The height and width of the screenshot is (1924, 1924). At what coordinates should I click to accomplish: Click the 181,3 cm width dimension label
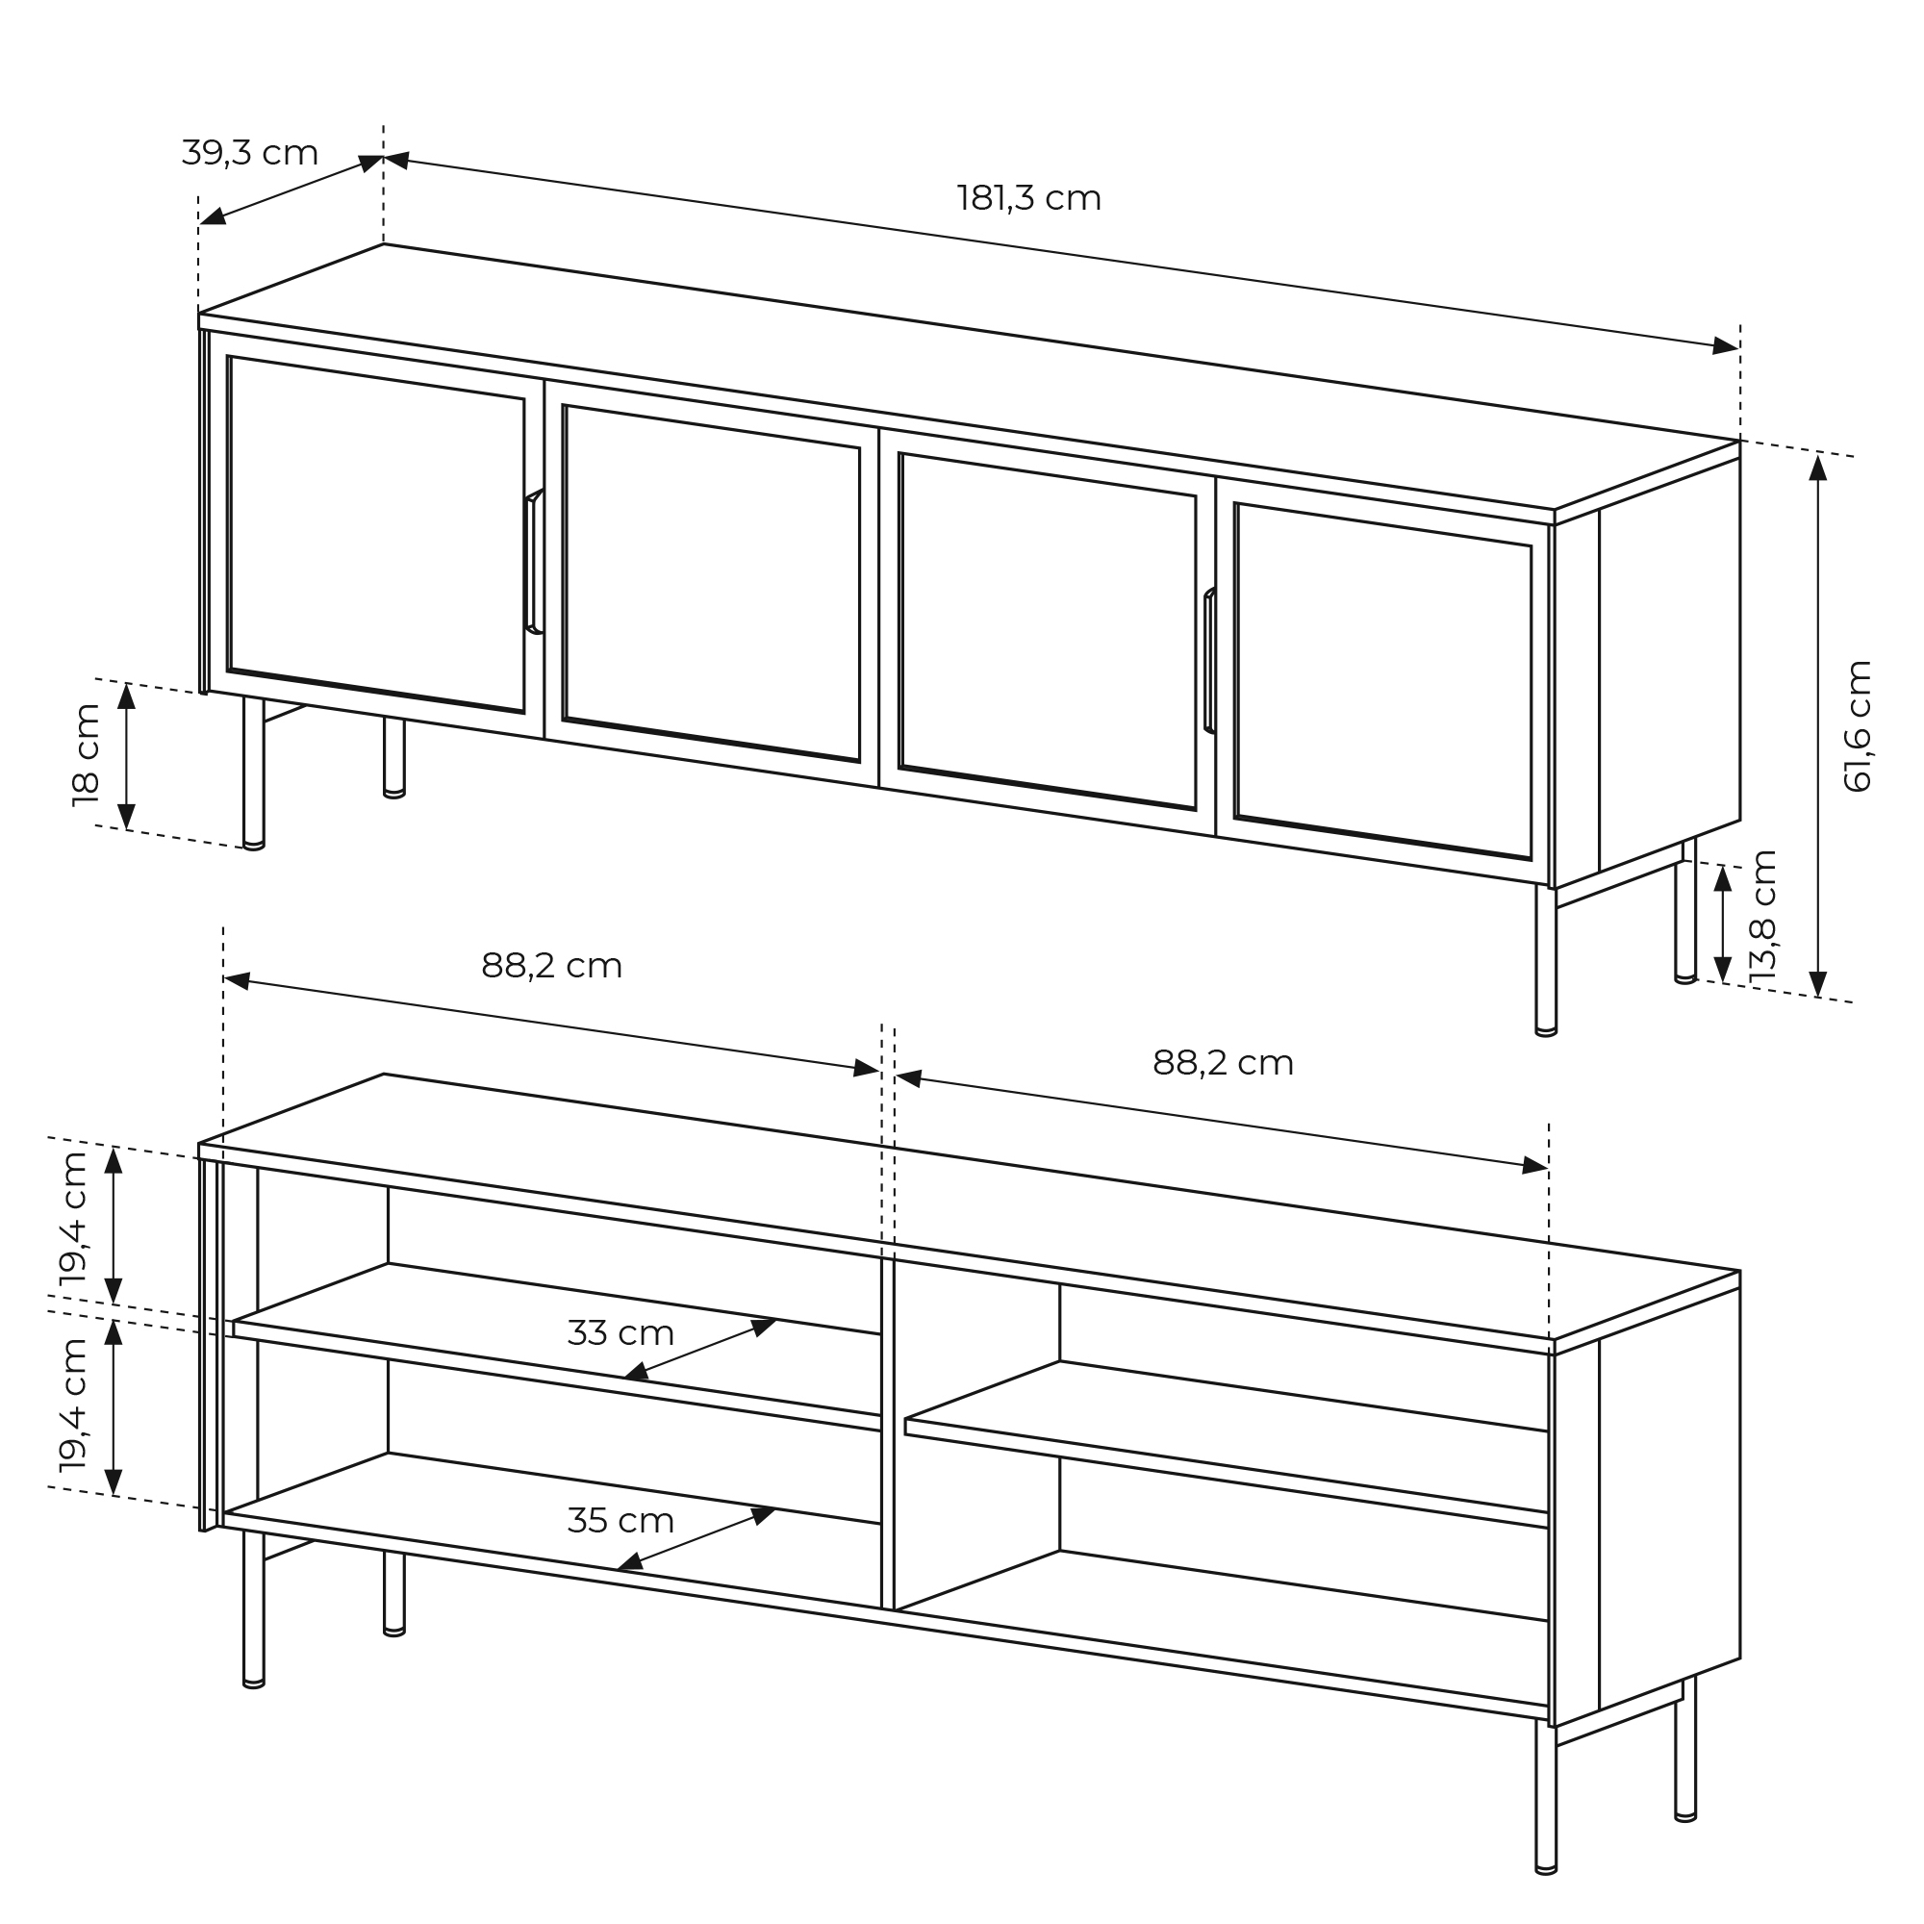(x=1028, y=198)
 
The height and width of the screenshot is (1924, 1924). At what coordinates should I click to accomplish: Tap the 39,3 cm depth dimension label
(x=250, y=152)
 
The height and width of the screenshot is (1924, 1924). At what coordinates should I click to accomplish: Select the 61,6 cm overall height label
(x=1858, y=726)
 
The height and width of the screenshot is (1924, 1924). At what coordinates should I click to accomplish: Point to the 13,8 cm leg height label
(x=1762, y=917)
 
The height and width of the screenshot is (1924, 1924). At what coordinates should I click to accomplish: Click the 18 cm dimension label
(x=87, y=755)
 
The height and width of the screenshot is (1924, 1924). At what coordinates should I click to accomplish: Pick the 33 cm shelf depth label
(x=620, y=1332)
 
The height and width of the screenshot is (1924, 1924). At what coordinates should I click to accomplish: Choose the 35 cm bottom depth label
(x=620, y=1521)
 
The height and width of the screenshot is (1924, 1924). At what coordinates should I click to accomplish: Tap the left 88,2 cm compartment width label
(x=551, y=965)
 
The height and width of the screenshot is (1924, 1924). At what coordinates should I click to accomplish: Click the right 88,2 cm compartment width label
(x=1223, y=1063)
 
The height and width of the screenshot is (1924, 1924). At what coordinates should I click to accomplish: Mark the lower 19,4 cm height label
(x=74, y=1405)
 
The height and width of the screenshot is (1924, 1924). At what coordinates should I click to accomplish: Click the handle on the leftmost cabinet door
(x=533, y=562)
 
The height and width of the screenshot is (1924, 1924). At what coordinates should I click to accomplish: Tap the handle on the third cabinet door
(x=1209, y=661)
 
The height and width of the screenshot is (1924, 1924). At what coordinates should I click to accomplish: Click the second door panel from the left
(x=711, y=583)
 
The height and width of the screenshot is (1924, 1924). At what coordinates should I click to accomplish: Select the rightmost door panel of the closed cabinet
(x=1382, y=680)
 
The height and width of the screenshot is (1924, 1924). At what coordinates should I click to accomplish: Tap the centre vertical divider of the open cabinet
(x=887, y=1433)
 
